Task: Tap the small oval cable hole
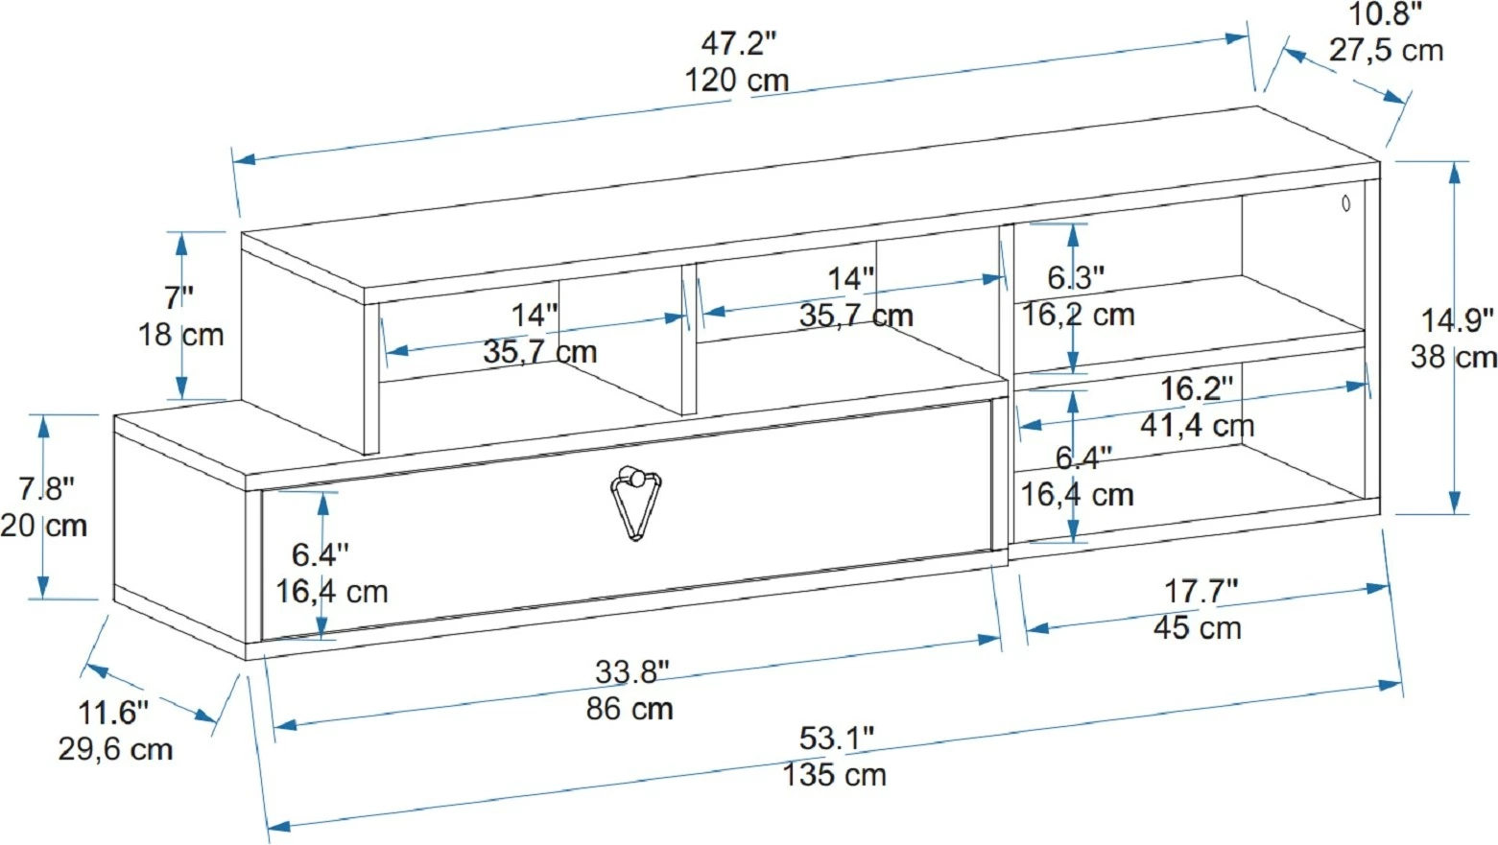[1346, 204]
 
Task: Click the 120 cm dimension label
[737, 81]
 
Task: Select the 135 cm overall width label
[834, 776]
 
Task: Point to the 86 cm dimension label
[630, 709]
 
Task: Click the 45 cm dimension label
[1197, 627]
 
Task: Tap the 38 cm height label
[1453, 357]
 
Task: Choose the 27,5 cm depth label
[1386, 51]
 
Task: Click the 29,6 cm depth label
[115, 749]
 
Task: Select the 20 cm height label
[43, 527]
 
